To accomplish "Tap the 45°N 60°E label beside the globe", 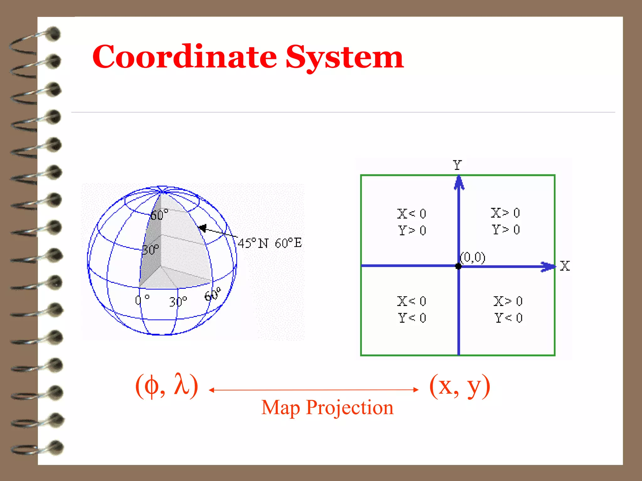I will tap(270, 243).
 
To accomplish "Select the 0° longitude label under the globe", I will tap(142, 300).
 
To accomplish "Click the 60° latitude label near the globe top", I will tap(159, 215).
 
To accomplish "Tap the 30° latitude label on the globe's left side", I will tap(150, 250).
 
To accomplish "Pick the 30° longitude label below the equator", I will tap(178, 302).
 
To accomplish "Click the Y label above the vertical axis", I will tap(457, 165).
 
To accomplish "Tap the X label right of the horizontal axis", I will tap(565, 266).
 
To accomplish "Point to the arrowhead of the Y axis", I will tap(459, 183).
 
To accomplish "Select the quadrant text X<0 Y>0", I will tap(412, 222).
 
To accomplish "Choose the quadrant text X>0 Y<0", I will tap(508, 309).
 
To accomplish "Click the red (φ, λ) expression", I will tap(166, 385).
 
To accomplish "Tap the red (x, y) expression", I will tap(460, 386).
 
